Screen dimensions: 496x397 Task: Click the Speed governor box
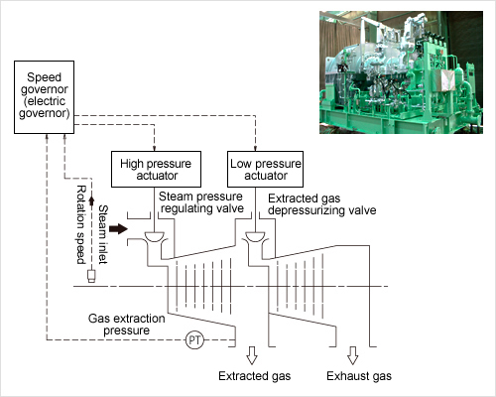44,97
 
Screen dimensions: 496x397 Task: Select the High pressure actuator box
156,170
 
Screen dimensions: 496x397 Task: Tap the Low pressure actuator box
265,170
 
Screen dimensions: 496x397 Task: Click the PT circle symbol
194,339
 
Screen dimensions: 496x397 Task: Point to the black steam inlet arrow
118,228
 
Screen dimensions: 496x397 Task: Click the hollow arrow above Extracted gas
252,355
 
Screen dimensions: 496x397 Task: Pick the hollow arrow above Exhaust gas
353,355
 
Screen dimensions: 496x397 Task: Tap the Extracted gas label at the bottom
255,376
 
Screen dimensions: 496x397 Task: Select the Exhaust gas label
359,376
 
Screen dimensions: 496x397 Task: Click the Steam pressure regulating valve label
201,202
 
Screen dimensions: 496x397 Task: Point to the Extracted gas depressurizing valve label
322,204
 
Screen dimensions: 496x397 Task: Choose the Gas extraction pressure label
127,325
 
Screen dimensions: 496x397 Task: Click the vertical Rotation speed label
81,225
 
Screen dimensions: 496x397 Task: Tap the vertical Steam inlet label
103,234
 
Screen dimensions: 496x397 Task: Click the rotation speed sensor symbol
91,276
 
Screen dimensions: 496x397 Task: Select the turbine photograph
401,72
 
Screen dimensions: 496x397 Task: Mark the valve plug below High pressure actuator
155,236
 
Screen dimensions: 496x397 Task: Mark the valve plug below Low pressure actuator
255,236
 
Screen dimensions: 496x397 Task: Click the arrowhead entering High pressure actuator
155,149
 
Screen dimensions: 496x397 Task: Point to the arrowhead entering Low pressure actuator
255,149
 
